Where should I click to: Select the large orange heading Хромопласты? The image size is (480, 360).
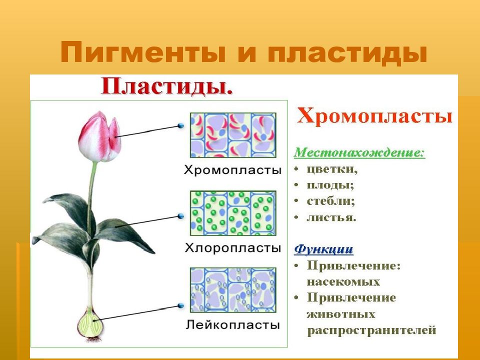click(x=374, y=116)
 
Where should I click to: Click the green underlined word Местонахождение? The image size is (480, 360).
click(x=359, y=152)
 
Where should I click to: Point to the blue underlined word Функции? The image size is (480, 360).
click(x=323, y=249)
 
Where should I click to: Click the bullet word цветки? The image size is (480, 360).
click(x=332, y=169)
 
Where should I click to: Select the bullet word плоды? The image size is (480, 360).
click(x=330, y=185)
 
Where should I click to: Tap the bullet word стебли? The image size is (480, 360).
click(x=330, y=201)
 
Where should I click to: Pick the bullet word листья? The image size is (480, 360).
click(x=331, y=217)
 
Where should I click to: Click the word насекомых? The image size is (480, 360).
click(x=343, y=282)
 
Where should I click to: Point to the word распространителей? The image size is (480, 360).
click(x=371, y=330)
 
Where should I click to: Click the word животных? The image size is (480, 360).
click(x=341, y=314)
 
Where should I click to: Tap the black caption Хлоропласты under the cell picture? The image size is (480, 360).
click(x=233, y=247)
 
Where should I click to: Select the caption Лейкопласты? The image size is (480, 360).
click(x=233, y=324)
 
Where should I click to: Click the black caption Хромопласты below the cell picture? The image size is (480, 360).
click(x=232, y=170)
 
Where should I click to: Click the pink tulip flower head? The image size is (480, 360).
click(x=100, y=137)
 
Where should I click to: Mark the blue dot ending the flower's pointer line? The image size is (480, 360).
click(x=181, y=125)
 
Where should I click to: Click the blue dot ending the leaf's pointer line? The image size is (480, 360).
click(x=181, y=216)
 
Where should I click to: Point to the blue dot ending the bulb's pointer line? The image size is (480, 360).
click(x=181, y=305)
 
